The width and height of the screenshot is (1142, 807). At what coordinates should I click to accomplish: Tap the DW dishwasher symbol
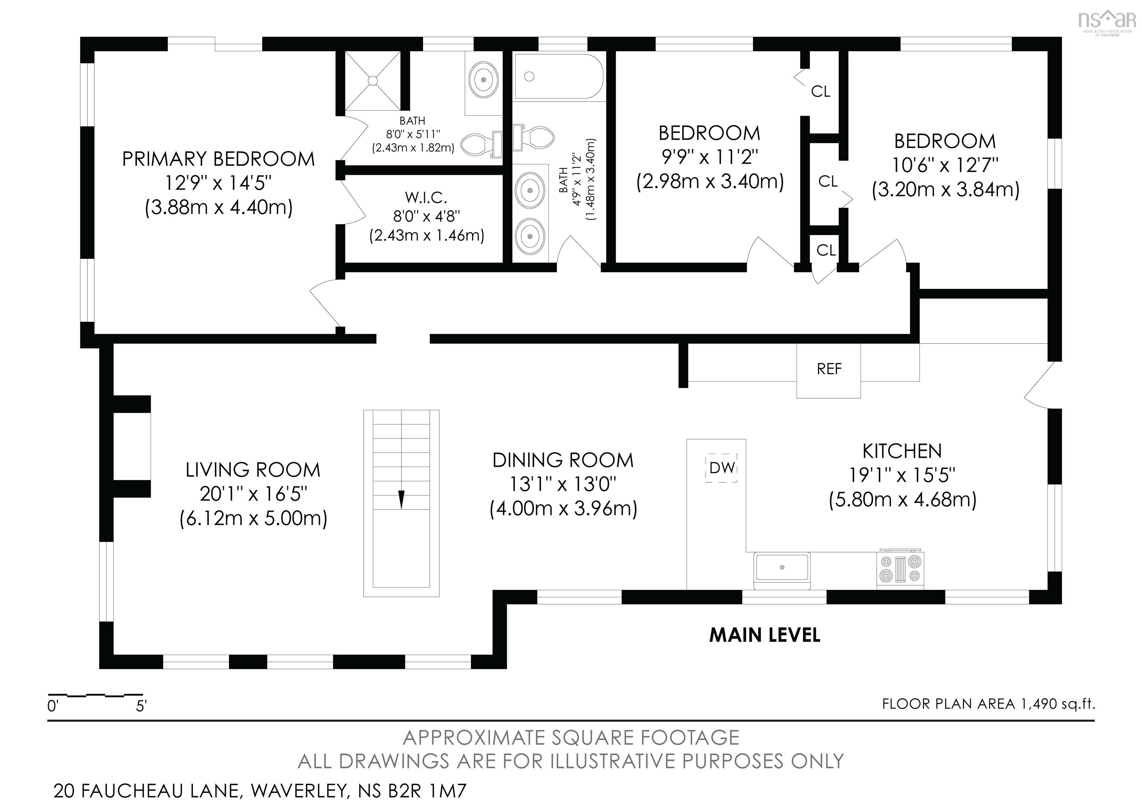[x=721, y=468]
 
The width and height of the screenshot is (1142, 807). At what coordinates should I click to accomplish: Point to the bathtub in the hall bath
[x=559, y=77]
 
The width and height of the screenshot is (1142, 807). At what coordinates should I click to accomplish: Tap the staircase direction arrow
[x=401, y=499]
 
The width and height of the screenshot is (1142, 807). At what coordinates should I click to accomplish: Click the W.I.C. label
[x=426, y=197]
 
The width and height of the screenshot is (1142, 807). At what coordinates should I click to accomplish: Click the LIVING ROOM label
[x=253, y=470]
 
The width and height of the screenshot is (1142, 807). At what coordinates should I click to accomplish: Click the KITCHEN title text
[x=902, y=451]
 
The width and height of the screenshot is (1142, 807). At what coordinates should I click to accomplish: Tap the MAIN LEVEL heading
[x=764, y=635]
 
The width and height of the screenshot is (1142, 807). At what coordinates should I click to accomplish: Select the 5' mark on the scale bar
[x=141, y=706]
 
